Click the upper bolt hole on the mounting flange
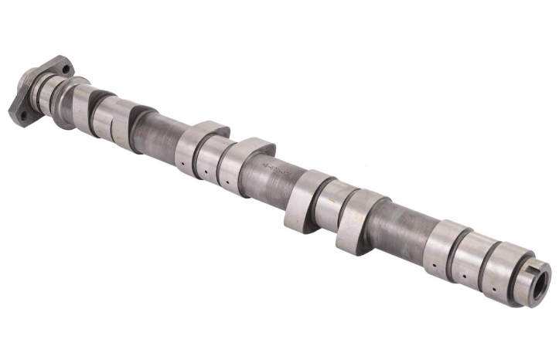66,70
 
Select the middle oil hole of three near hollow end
463,275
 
